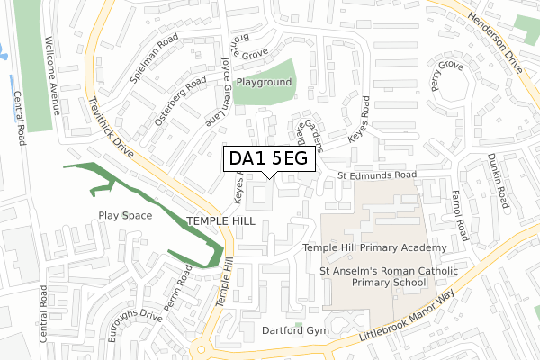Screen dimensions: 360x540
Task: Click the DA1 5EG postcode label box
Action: click(269, 158)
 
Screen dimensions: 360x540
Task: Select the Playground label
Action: click(265, 82)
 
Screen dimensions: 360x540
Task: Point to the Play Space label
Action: click(125, 215)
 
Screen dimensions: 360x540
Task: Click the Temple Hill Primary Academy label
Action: click(374, 247)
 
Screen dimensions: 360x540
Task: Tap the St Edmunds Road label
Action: click(377, 174)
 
